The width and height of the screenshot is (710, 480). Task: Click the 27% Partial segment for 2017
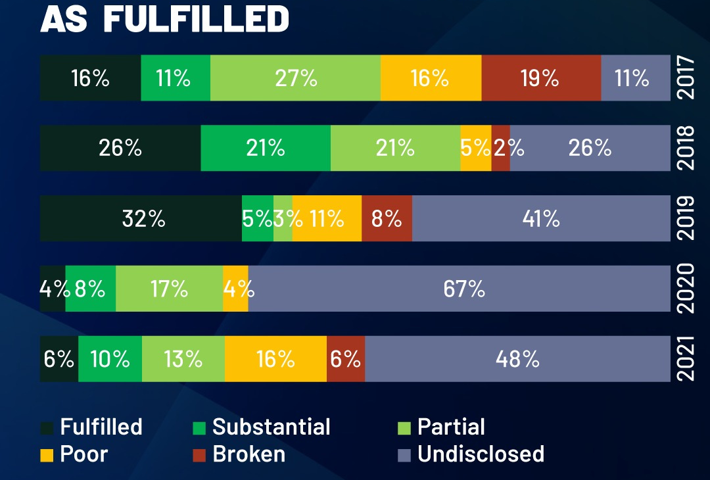[x=295, y=78]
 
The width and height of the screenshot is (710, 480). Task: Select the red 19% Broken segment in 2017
[x=541, y=78]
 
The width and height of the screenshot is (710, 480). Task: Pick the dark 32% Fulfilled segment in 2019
[x=141, y=218]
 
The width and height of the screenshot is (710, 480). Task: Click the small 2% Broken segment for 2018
[x=501, y=148]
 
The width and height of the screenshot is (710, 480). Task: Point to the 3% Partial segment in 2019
[x=283, y=218]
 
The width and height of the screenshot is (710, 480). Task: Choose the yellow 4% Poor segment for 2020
[x=235, y=289]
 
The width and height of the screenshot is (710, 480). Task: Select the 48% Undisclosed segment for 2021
[x=517, y=359]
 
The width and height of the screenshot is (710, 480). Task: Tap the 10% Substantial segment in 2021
[x=110, y=359]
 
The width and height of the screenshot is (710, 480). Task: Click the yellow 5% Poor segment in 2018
[x=476, y=148]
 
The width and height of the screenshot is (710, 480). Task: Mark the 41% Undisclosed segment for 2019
[x=540, y=218]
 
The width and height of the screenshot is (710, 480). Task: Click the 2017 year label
[x=686, y=78]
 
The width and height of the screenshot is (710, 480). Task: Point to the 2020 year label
[x=686, y=289]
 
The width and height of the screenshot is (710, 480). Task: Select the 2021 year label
[x=686, y=359]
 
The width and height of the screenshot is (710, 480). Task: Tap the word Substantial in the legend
[x=271, y=427]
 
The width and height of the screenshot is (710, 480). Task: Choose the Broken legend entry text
[x=248, y=454]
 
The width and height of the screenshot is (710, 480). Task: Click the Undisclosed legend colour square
[x=405, y=455]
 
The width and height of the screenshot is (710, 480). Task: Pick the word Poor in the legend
[x=84, y=454]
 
